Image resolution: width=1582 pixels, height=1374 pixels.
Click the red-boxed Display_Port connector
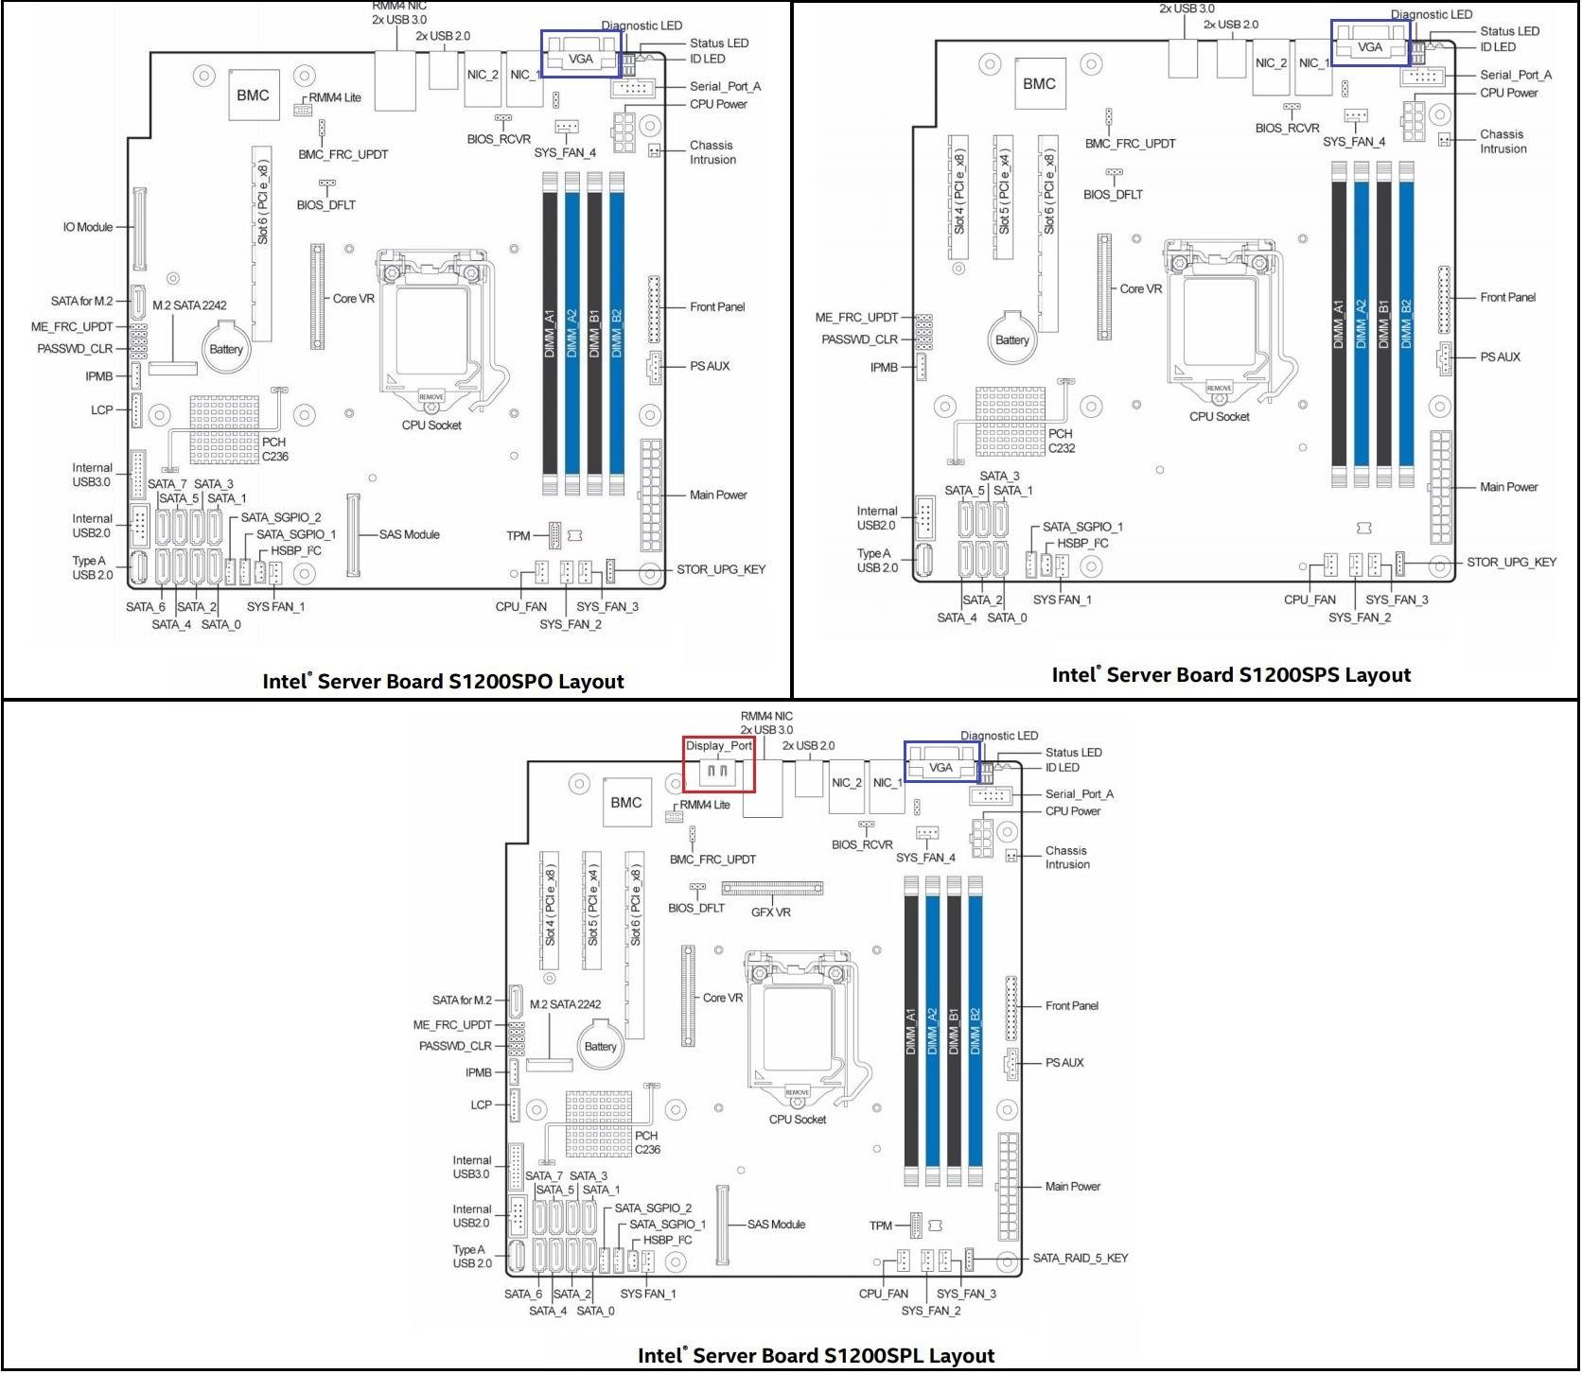pos(719,764)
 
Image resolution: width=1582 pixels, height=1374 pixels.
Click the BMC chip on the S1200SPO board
pos(253,96)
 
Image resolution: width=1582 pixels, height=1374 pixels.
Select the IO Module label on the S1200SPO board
pos(88,227)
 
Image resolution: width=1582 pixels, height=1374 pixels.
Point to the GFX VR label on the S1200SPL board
pos(770,913)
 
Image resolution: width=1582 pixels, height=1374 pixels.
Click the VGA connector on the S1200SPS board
pos(1369,46)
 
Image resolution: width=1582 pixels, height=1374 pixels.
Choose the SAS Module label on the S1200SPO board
pos(409,534)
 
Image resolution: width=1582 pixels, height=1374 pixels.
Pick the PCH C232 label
pos(1061,441)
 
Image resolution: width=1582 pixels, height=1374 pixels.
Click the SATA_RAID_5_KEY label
pos(1080,1259)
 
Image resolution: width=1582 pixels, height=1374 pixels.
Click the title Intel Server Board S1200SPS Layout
pos(1231,675)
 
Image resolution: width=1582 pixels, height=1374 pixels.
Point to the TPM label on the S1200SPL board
pos(880,1226)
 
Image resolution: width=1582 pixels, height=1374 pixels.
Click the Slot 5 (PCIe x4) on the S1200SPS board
pos(1004,197)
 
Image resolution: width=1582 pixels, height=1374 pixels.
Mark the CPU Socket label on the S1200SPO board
pos(431,426)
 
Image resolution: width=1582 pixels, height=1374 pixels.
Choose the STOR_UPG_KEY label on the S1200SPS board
pos(1511,563)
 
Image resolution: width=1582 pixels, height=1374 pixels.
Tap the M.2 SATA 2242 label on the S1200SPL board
pos(565,1004)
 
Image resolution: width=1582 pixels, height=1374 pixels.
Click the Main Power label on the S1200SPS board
pos(1508,488)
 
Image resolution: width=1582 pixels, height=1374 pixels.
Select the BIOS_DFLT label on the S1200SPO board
pos(325,205)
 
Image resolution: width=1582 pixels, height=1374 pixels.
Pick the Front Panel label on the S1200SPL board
pos(1071,1006)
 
